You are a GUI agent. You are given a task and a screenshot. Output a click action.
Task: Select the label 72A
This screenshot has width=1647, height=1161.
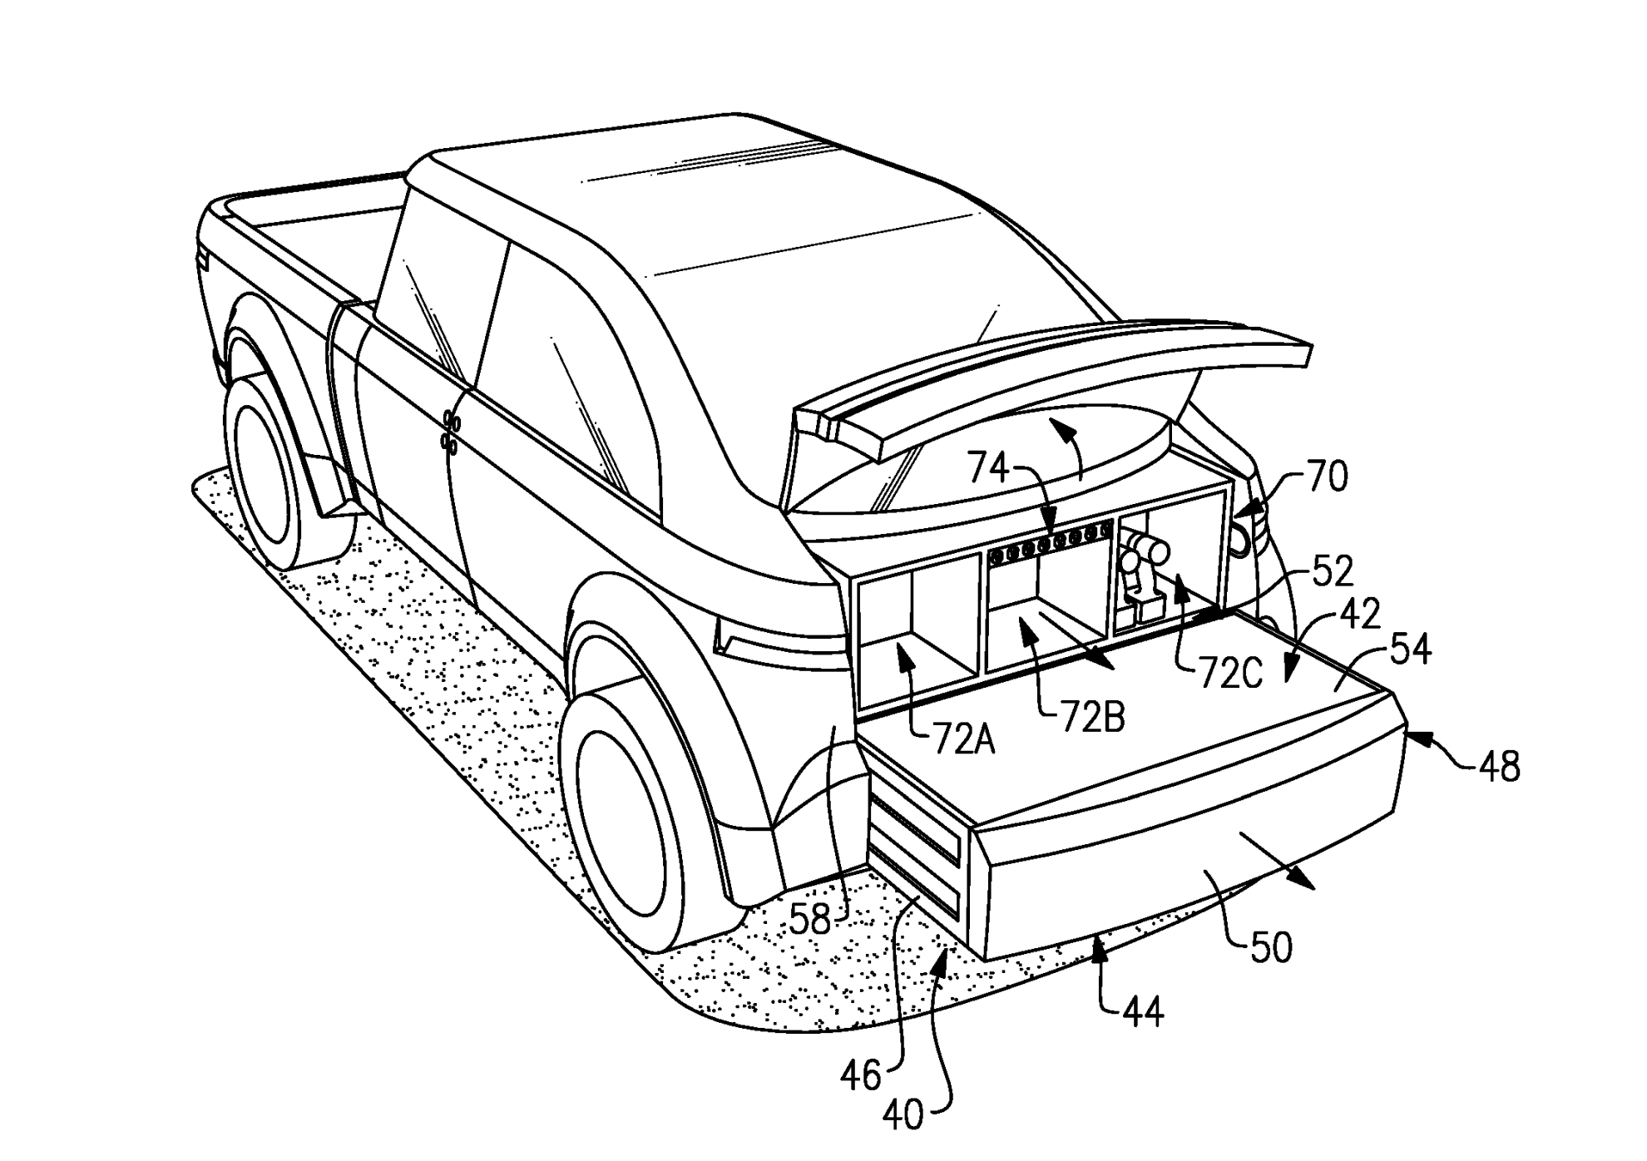tap(964, 739)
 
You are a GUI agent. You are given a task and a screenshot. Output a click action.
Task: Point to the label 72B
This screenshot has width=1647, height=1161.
tap(1092, 716)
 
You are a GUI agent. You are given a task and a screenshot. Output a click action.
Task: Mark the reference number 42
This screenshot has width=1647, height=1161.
tap(1359, 614)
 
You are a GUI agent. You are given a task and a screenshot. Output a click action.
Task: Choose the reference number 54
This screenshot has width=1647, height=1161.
tap(1409, 650)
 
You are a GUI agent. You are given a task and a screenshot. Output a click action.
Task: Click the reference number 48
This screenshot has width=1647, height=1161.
tap(1500, 766)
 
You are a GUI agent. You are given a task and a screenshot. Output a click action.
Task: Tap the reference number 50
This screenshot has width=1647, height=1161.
tap(1271, 947)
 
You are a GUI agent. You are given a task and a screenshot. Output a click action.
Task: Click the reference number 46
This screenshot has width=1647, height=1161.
tap(860, 1075)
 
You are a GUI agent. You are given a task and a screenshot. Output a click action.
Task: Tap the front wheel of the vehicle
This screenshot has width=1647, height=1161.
tap(266, 474)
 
